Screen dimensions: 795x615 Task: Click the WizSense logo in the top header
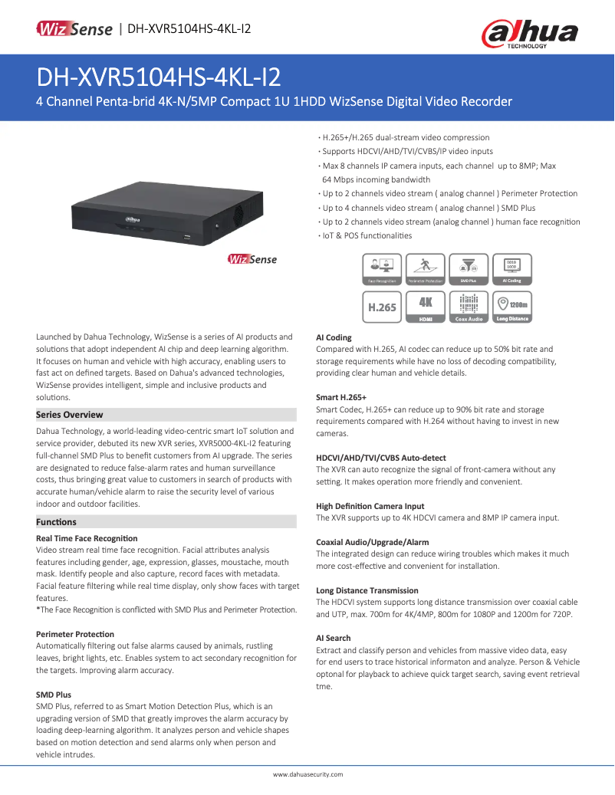tap(74, 29)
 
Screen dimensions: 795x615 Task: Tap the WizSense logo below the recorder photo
tap(252, 259)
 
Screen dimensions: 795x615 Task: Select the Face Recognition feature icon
tap(382, 270)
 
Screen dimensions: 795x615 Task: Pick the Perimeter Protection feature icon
tap(426, 270)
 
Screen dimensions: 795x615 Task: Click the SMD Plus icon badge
tap(469, 270)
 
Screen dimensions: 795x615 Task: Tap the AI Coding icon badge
tap(511, 270)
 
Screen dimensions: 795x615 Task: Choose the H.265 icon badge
tap(382, 306)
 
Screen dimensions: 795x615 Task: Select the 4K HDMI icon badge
tap(426, 306)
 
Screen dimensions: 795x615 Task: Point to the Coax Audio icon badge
tap(469, 306)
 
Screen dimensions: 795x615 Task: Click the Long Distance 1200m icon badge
tap(511, 306)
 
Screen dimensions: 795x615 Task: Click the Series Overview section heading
tap(70, 415)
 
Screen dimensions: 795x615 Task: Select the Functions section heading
tap(57, 522)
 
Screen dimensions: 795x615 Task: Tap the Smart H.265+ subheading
tap(341, 398)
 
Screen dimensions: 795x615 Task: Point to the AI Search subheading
tap(334, 638)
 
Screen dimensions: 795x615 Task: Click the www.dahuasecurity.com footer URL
tap(307, 775)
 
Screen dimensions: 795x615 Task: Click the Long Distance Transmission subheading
tap(367, 590)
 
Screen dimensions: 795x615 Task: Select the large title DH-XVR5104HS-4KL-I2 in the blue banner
tap(159, 77)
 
